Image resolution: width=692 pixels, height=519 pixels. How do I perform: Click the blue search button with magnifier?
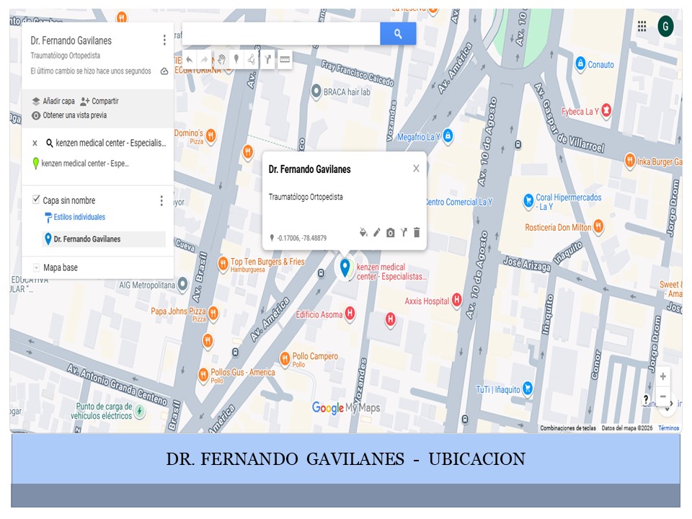point(398,34)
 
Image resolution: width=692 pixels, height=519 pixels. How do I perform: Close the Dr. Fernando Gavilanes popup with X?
point(416,169)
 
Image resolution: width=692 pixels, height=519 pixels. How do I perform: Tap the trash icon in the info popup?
point(417,233)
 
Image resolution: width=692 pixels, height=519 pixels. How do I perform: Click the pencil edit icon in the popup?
point(376,233)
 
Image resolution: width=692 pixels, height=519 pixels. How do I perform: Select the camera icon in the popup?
point(390,233)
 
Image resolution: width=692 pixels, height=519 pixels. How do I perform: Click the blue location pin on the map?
point(345,267)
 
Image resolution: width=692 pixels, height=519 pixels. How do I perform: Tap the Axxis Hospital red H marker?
point(456,301)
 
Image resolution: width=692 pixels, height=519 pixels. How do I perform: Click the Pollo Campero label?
point(315,357)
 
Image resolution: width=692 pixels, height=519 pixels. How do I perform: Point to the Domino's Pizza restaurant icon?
point(210,134)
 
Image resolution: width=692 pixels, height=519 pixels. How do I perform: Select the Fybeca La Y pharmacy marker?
point(607,110)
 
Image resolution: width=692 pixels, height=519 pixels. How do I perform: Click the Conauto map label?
point(600,65)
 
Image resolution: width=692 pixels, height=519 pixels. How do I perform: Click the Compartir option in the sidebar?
point(99,102)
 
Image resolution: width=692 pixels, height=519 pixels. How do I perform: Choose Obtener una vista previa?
point(74,115)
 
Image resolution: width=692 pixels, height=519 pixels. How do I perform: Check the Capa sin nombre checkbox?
point(37,200)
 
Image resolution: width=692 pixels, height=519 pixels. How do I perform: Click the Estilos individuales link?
point(79,217)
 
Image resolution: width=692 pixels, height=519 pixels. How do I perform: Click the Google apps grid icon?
point(642,27)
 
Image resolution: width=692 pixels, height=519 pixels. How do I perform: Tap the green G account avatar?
point(665,27)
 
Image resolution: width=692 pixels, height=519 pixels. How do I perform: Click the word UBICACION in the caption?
point(476,459)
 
